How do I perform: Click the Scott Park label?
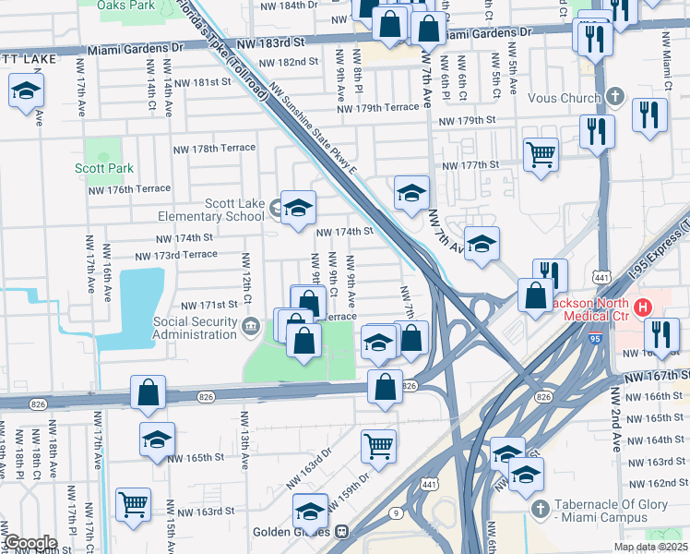click(103, 168)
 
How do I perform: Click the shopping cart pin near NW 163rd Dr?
click(378, 446)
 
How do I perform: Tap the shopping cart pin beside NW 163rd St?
click(134, 505)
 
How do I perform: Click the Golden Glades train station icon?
click(341, 532)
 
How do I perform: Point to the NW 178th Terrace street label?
click(213, 148)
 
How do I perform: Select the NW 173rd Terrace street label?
click(176, 255)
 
